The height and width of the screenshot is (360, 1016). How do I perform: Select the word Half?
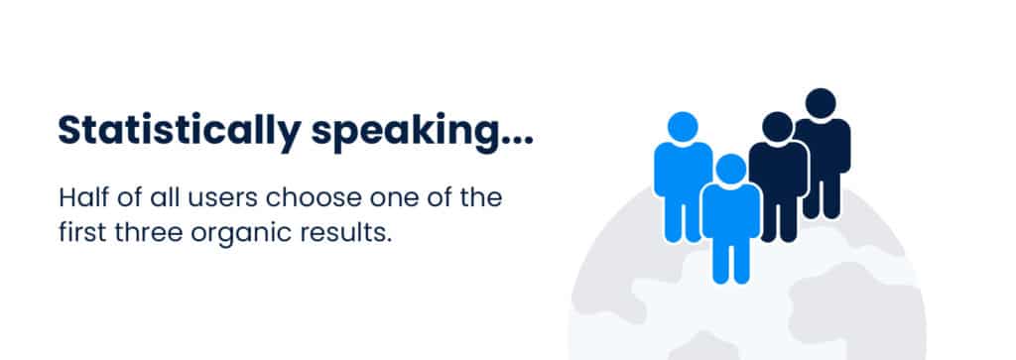(x=83, y=196)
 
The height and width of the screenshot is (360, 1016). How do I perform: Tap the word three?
(x=149, y=232)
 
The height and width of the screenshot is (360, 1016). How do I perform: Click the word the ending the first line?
(x=481, y=196)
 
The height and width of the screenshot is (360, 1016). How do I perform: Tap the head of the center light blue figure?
(x=731, y=169)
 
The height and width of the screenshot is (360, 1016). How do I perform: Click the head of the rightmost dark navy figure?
(x=821, y=103)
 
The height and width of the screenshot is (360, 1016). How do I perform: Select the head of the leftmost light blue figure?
(x=683, y=127)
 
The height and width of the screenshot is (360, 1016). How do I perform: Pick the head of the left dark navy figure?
(x=777, y=127)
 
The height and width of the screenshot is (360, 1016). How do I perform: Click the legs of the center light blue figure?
(x=731, y=259)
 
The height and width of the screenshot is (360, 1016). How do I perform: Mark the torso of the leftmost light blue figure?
(x=683, y=170)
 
